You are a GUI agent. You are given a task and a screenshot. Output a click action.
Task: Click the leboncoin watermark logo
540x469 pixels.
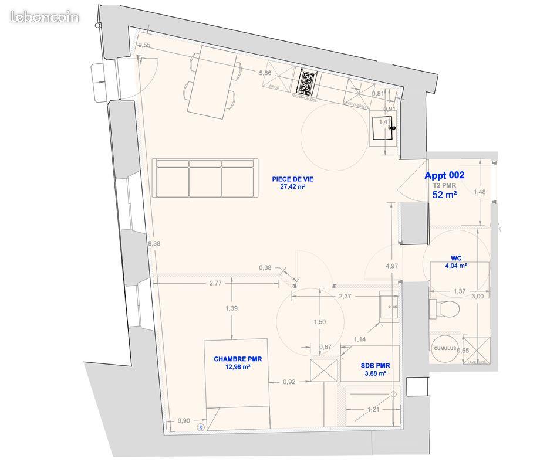coord(44,17)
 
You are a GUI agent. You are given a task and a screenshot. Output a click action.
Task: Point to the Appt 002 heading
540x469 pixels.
coord(444,175)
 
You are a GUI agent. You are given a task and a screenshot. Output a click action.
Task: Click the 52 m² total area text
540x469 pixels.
coord(444,195)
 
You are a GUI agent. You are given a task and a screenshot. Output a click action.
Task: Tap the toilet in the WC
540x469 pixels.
coord(448,308)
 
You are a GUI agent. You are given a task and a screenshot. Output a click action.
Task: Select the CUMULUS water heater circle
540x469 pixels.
coord(444,348)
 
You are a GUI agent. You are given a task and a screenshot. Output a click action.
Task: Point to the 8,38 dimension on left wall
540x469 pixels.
coord(154,243)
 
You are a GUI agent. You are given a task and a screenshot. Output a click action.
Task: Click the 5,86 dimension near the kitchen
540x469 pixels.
coord(265,73)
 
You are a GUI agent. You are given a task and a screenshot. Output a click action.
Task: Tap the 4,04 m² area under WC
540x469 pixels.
coord(456,266)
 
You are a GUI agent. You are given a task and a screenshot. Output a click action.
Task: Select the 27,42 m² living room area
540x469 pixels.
coord(292,187)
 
